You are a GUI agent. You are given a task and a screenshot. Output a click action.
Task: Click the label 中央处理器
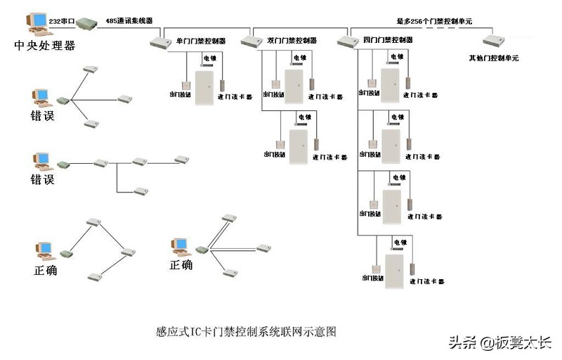click(x=44, y=46)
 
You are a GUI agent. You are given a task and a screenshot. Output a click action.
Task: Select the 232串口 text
click(x=62, y=22)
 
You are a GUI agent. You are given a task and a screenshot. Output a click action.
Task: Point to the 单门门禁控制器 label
click(x=200, y=40)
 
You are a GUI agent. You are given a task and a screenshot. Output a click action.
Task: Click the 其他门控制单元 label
click(x=494, y=58)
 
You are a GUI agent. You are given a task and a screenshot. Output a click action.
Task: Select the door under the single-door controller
click(x=204, y=88)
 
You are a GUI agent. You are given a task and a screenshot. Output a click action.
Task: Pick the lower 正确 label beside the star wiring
click(x=181, y=265)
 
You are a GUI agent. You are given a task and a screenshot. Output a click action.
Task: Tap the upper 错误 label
click(x=43, y=116)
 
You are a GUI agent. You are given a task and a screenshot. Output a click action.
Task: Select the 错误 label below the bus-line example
click(x=43, y=179)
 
